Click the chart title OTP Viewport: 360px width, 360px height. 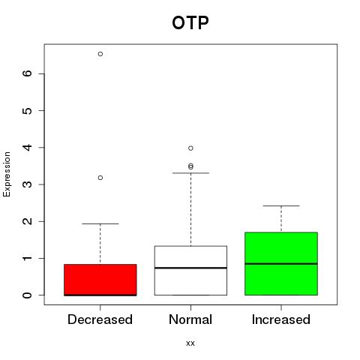pyautogui.click(x=190, y=23)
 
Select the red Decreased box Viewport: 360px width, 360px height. pyautogui.click(x=100, y=280)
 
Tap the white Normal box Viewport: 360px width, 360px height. pyautogui.click(x=190, y=271)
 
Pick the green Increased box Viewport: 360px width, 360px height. pyautogui.click(x=281, y=264)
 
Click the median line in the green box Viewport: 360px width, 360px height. pyautogui.click(x=281, y=263)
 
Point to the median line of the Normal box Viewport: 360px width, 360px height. pyautogui.click(x=190, y=268)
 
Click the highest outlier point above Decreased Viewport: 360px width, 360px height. pyautogui.click(x=100, y=54)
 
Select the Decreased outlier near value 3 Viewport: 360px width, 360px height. pyautogui.click(x=100, y=178)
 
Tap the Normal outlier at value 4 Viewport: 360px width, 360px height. pyautogui.click(x=190, y=148)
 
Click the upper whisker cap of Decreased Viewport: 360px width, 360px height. pyautogui.click(x=100, y=223)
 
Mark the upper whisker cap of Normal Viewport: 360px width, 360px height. pyautogui.click(x=190, y=172)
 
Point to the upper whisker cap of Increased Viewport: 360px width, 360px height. pyautogui.click(x=281, y=205)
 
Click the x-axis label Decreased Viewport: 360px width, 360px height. pyautogui.click(x=100, y=319)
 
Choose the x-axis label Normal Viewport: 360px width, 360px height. pyautogui.click(x=190, y=319)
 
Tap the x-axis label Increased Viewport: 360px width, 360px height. pyautogui.click(x=281, y=319)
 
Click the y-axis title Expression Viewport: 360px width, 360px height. pyautogui.click(x=7, y=174)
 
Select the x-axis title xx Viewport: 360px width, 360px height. pyautogui.click(x=190, y=343)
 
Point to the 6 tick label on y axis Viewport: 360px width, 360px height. pyautogui.click(x=28, y=73)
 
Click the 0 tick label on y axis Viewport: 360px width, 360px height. pyautogui.click(x=28, y=295)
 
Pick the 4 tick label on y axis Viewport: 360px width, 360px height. pyautogui.click(x=28, y=147)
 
